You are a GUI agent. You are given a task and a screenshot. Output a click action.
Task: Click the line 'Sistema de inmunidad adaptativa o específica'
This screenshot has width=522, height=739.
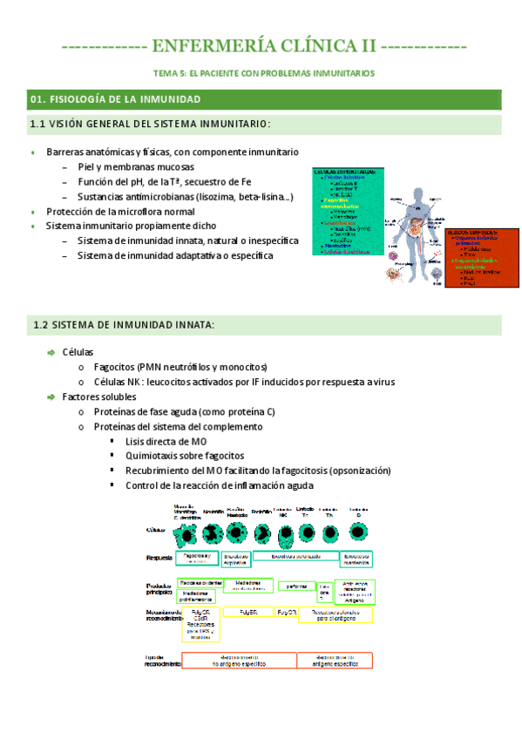point(174,255)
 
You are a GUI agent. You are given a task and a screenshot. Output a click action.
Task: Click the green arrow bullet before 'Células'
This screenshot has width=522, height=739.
point(51,352)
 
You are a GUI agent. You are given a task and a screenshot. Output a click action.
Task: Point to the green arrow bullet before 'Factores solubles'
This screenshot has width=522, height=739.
point(51,397)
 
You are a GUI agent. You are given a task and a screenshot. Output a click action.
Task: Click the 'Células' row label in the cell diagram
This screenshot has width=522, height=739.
point(158,529)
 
